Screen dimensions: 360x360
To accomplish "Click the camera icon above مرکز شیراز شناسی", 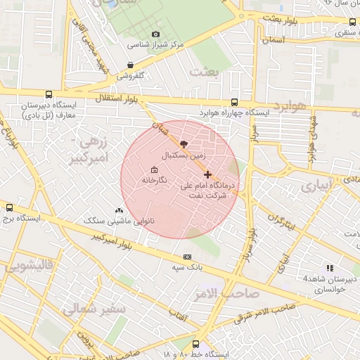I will click(x=155, y=34).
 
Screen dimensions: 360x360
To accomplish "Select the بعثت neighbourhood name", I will click(x=205, y=71).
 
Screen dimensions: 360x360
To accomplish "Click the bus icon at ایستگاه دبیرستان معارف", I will click(x=49, y=94).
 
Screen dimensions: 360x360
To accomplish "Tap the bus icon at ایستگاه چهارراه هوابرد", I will click(x=234, y=102).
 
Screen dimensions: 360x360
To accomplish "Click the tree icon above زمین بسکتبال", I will click(x=184, y=143).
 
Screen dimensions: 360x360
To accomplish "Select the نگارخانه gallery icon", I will click(x=154, y=169).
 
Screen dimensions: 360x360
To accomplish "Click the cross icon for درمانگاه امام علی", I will click(x=207, y=174).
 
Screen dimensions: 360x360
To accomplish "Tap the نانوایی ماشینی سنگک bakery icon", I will click(x=118, y=210).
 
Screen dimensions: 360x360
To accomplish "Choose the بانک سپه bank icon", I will click(x=187, y=257).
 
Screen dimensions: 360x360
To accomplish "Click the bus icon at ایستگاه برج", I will click(x=9, y=207).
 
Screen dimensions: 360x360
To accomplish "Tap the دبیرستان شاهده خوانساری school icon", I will click(x=330, y=267).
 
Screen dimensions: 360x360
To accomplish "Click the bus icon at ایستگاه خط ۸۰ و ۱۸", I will click(x=195, y=344).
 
